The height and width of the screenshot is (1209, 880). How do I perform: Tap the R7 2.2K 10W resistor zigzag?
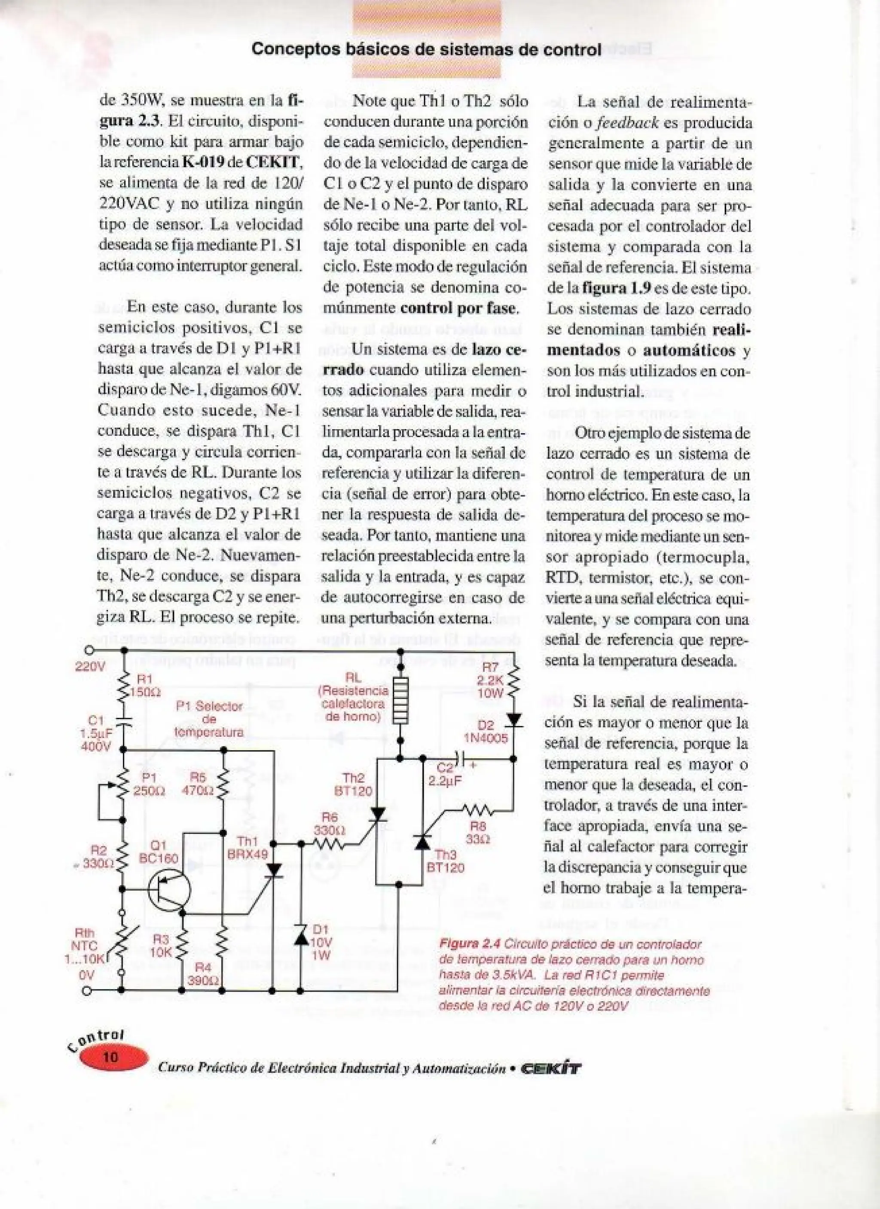[513, 684]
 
